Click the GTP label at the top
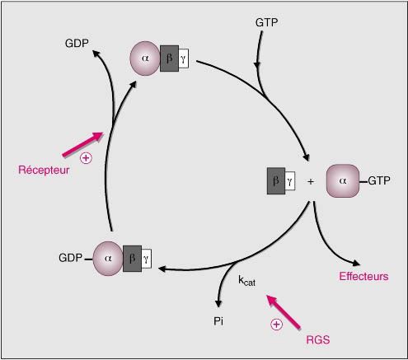tap(266, 22)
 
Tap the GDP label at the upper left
tap(77, 44)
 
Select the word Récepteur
tap(44, 170)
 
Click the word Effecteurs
tap(363, 276)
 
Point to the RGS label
tap(318, 340)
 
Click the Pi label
tap(218, 321)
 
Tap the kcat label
tap(246, 281)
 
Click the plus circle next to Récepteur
tap(86, 158)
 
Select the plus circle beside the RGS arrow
tap(276, 325)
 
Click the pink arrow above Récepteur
tap(82, 145)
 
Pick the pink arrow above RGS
tap(284, 312)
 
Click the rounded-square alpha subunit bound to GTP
tap(343, 181)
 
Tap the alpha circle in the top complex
tap(145, 58)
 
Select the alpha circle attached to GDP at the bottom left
tap(108, 259)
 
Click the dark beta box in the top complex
tap(169, 58)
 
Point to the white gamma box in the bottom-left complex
tap(146, 259)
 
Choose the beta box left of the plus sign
tap(276, 181)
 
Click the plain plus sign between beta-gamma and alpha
tap(311, 181)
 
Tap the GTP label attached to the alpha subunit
tap(379, 180)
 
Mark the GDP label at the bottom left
tap(70, 258)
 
